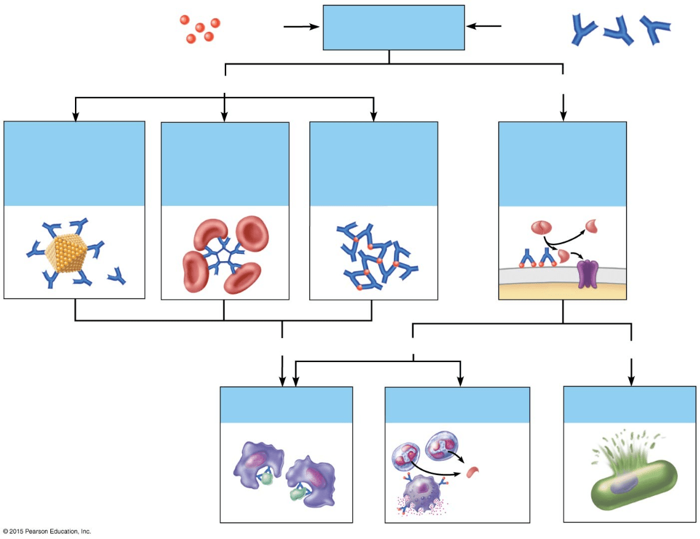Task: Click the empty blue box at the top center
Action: [x=393, y=28]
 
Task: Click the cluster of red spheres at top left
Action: [x=200, y=30]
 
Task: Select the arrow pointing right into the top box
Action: [x=301, y=26]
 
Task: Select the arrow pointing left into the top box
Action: [x=484, y=26]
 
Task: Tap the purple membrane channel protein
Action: [x=588, y=273]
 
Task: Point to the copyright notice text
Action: [x=47, y=531]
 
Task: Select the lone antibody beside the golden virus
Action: [x=117, y=278]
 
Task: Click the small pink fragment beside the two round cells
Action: [x=472, y=472]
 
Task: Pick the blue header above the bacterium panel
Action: [x=629, y=404]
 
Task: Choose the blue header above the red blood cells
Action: [x=225, y=163]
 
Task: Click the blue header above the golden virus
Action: [x=74, y=163]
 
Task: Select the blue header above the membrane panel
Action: [x=562, y=163]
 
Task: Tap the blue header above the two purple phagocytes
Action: [x=286, y=404]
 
